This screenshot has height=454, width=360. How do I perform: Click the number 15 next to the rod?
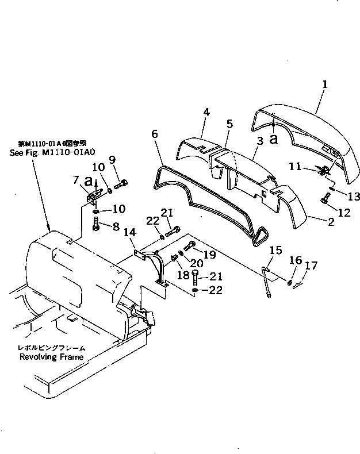pyautogui.click(x=275, y=251)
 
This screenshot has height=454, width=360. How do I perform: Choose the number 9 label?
pyautogui.click(x=112, y=159)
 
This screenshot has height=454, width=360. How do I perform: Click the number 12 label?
pyautogui.click(x=344, y=213)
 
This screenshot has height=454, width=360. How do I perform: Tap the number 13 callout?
pyautogui.click(x=354, y=197)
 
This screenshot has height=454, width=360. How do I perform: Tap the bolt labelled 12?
pyautogui.click(x=324, y=202)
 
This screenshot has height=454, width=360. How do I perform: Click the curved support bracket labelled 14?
pyautogui.click(x=155, y=264)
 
